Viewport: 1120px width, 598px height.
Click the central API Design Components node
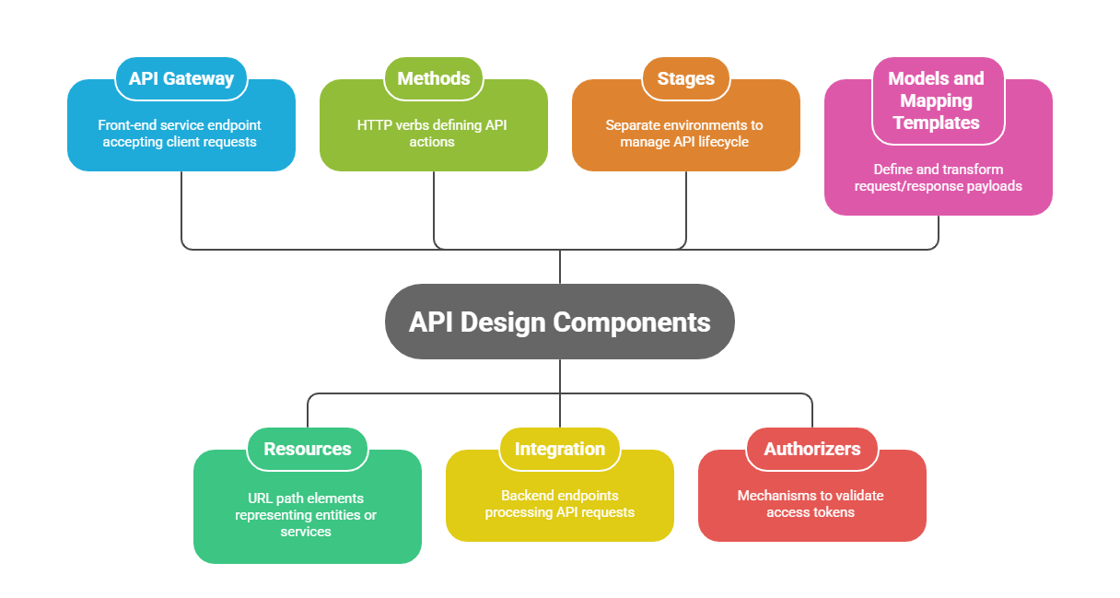tap(559, 322)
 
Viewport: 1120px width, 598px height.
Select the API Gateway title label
tap(181, 78)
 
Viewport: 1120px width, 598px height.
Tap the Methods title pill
tap(433, 78)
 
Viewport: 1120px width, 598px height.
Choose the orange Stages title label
tap(685, 78)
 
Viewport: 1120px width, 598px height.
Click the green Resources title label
tap(307, 449)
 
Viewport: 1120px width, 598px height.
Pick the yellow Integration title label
tap(559, 449)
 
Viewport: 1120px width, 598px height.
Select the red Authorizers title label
tap(811, 449)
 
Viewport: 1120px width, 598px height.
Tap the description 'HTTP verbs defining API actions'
tap(432, 134)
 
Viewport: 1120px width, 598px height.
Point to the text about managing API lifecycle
tap(684, 134)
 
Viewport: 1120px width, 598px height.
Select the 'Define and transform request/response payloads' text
tap(937, 178)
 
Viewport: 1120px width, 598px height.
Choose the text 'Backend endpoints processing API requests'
tap(559, 504)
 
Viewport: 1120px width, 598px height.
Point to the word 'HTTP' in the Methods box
tap(372, 125)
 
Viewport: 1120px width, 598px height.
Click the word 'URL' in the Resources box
tap(260, 498)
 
